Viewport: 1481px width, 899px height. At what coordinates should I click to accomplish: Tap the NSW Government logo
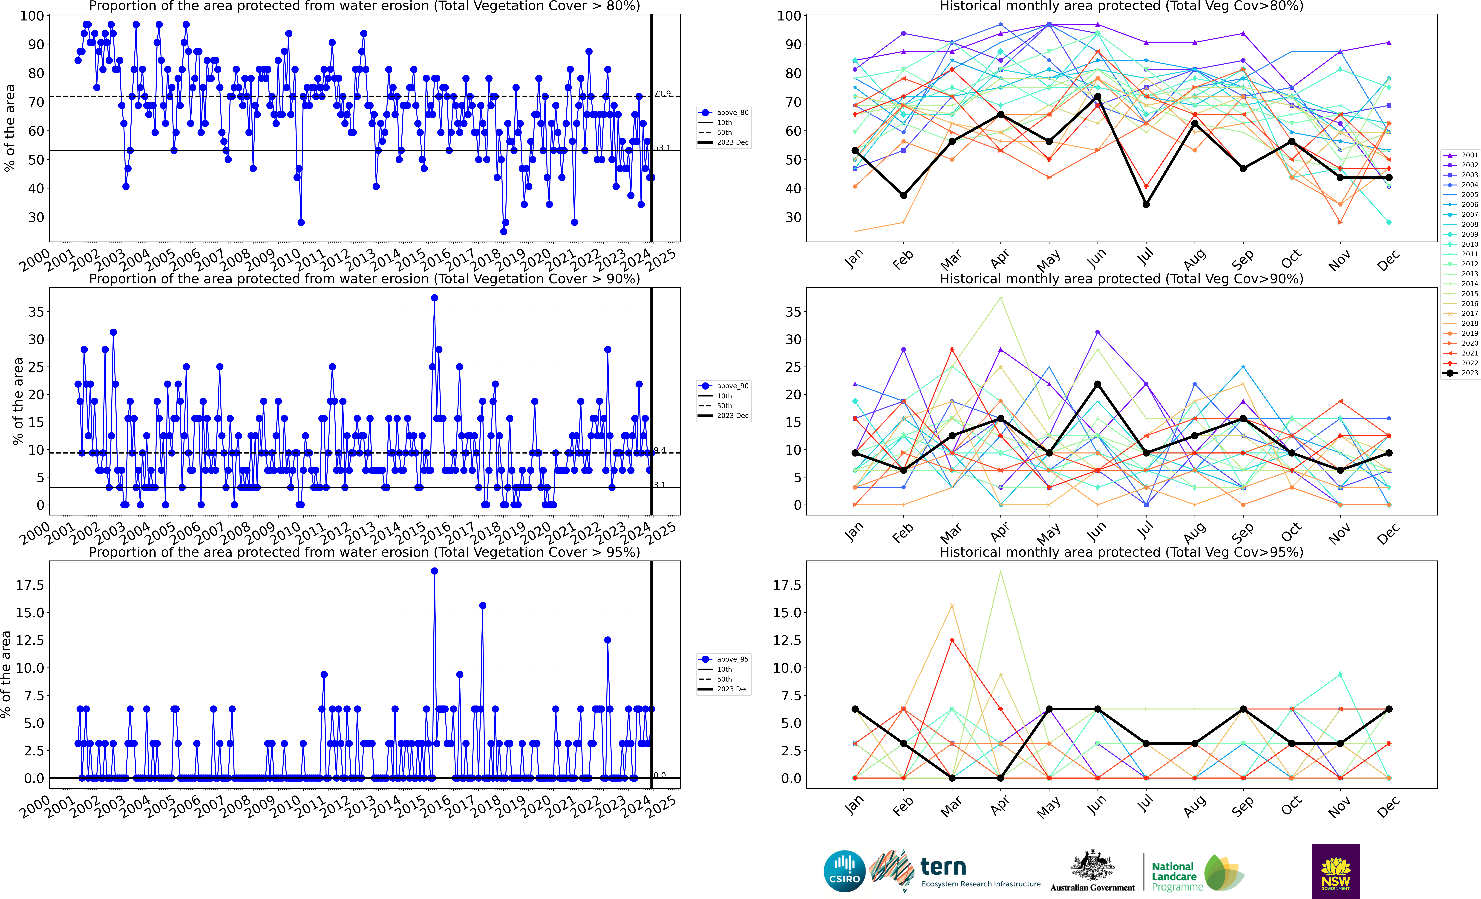[1336, 871]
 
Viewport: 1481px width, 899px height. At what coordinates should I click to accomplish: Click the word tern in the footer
[943, 867]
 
